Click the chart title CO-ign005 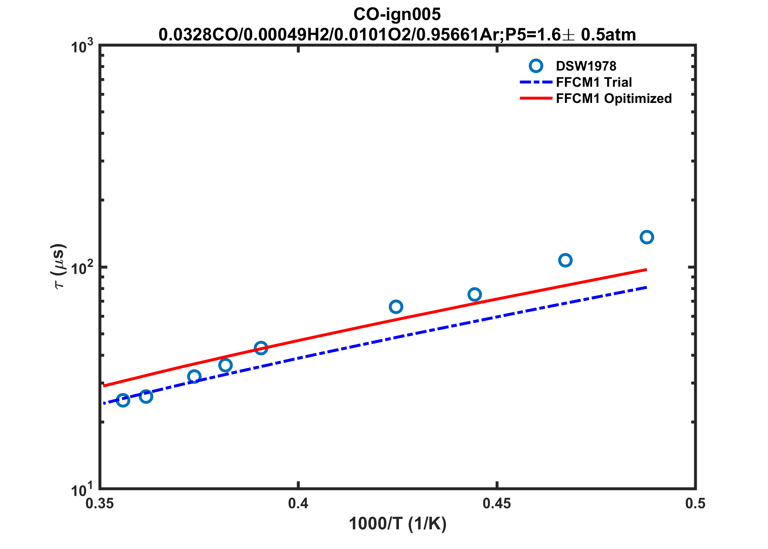(397, 14)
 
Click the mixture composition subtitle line (397, 35)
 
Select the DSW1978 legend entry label (586, 66)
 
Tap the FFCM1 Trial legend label (594, 82)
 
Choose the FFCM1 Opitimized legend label (614, 98)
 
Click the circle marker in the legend (536, 66)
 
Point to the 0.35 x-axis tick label (100, 503)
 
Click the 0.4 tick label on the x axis (298, 503)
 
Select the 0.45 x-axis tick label (497, 503)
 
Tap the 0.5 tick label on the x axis (695, 503)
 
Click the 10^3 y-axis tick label (82, 47)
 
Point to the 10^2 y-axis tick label (82, 268)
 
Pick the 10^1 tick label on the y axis (82, 490)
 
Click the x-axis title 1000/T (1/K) (398, 524)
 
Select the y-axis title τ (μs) (58, 266)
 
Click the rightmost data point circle (646, 237)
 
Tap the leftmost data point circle (123, 400)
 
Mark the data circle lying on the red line (261, 348)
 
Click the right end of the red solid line (646, 270)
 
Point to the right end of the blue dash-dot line (646, 287)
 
